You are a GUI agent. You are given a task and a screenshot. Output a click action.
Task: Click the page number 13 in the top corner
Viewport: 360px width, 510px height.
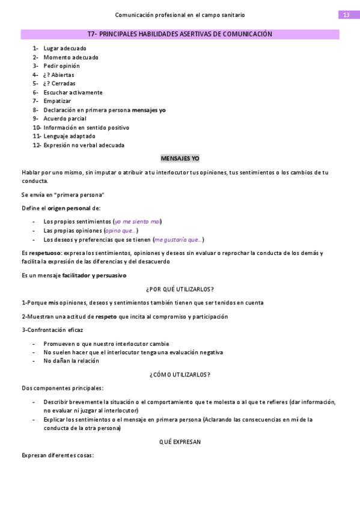click(x=346, y=14)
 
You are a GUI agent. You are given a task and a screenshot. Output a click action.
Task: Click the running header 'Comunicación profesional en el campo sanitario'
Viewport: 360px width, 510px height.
click(x=180, y=14)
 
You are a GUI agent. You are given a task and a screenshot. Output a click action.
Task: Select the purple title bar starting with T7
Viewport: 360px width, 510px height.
click(x=180, y=34)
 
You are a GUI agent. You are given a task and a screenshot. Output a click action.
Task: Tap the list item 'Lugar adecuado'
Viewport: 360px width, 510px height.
click(x=64, y=49)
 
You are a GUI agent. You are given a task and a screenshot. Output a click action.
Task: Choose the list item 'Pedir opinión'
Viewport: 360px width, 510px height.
click(x=61, y=66)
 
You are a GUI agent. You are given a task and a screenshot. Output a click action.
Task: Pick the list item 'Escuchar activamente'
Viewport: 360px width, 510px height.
click(x=73, y=93)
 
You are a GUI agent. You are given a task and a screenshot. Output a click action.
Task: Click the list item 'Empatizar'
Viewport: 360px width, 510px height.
click(x=57, y=101)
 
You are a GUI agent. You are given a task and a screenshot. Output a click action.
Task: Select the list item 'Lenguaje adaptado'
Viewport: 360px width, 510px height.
click(x=69, y=136)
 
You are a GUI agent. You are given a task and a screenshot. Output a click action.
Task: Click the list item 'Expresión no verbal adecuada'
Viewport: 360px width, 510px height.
click(x=84, y=145)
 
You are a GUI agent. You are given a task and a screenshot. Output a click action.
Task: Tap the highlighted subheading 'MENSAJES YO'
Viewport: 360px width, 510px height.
click(x=180, y=158)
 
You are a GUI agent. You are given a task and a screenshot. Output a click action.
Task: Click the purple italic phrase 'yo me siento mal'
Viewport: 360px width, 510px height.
click(x=138, y=221)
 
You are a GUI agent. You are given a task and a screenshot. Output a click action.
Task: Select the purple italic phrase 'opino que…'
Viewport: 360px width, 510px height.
click(x=120, y=230)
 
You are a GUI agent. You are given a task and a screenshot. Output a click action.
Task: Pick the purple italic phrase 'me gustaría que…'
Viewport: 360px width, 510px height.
click(x=178, y=239)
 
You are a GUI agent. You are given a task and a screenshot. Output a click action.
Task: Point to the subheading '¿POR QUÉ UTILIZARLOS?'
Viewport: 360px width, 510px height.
click(x=180, y=289)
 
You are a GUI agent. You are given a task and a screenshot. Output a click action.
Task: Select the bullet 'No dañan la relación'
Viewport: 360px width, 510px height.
click(x=71, y=361)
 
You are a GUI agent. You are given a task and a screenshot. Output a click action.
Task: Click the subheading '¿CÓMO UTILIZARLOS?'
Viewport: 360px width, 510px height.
click(x=180, y=375)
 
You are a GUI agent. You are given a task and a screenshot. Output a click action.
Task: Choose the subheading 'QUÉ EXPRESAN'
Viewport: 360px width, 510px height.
click(x=180, y=441)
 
